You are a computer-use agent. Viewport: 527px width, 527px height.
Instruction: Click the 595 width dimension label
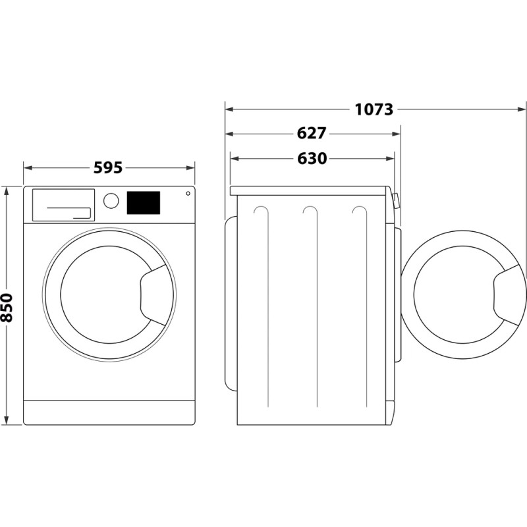[x=108, y=168]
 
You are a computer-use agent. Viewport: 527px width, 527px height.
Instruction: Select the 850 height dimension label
[x=7, y=307]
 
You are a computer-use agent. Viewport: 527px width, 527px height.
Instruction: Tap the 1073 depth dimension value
[x=374, y=109]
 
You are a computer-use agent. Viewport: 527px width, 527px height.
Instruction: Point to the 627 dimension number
[x=312, y=134]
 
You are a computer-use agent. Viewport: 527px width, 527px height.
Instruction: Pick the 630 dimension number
[x=312, y=159]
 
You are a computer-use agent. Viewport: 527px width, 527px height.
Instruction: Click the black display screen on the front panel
[x=143, y=202]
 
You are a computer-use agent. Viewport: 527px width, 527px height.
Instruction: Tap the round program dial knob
[x=111, y=201]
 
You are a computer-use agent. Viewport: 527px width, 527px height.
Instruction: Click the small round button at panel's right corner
[x=188, y=194]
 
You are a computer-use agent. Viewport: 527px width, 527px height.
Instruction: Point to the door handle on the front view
[x=153, y=294]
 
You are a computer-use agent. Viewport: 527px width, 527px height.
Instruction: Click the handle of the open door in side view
[x=509, y=294]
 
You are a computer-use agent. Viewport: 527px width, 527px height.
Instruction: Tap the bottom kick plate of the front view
[x=109, y=412]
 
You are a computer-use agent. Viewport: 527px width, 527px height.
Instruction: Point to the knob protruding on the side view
[x=397, y=201]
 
